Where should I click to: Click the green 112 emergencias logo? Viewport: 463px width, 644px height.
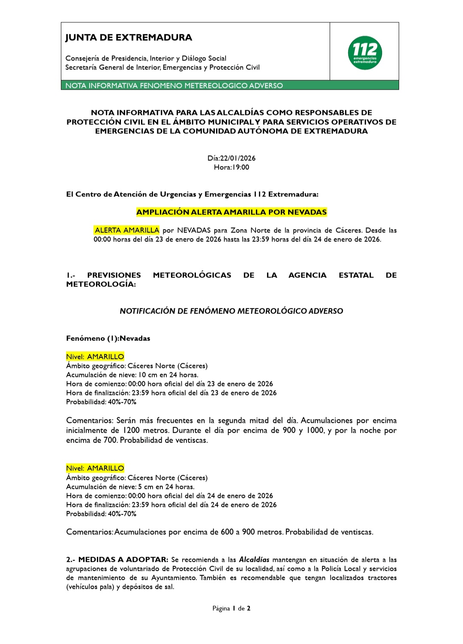[365, 53]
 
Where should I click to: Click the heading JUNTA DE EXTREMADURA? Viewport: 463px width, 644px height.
[129, 38]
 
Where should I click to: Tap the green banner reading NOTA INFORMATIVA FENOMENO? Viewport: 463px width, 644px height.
[174, 85]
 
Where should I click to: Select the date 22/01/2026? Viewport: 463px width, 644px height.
[238, 158]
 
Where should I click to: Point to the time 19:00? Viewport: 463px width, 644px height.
[240, 167]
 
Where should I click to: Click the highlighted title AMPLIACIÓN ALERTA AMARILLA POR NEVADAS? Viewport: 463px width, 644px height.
[231, 212]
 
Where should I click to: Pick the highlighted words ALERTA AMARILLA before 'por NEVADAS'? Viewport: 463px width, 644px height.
[127, 230]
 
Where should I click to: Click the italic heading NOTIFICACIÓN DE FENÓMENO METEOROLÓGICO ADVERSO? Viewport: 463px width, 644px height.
[231, 311]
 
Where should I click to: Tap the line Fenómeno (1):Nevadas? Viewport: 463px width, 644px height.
[108, 338]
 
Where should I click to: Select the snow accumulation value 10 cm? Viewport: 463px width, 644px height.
[148, 375]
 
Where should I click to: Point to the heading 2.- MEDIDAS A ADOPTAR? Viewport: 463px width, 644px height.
[117, 560]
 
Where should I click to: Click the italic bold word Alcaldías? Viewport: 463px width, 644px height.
[254, 560]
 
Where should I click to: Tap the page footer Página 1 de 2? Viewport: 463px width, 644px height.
[231, 608]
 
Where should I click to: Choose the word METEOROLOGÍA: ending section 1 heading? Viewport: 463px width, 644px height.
[101, 284]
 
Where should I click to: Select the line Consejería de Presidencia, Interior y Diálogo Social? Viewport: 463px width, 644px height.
[146, 58]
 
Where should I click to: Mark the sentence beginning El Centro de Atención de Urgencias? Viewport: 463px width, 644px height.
[192, 194]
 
